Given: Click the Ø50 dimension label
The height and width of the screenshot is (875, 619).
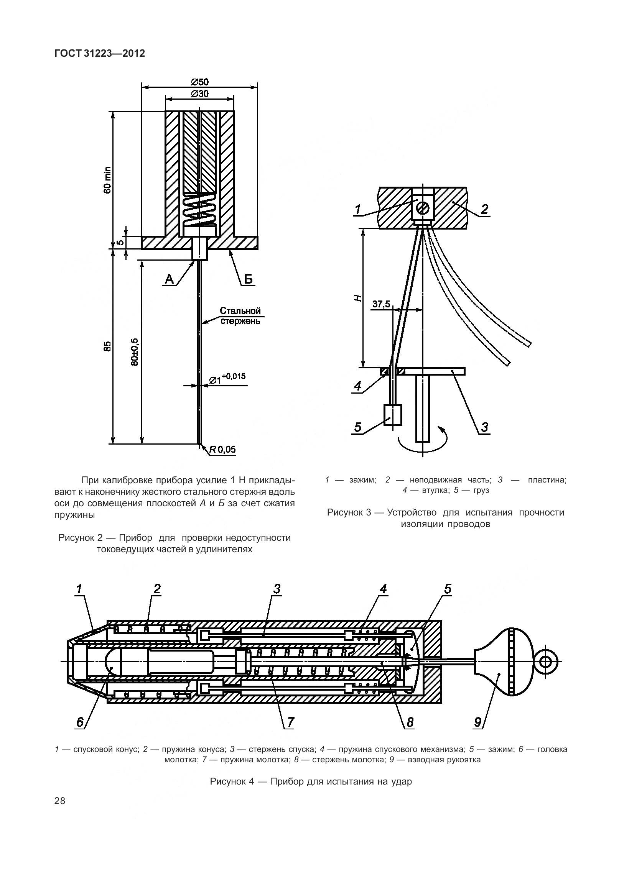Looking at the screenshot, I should coord(199,82).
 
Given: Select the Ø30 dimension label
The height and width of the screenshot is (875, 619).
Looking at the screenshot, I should coord(199,94).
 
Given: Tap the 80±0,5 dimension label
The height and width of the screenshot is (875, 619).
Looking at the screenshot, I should coord(134,351).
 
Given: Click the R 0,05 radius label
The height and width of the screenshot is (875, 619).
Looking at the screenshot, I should coord(222,450).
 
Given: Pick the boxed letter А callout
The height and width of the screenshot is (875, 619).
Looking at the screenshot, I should coord(169,280).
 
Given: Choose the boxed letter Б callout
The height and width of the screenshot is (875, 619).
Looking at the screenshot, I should coord(249,280).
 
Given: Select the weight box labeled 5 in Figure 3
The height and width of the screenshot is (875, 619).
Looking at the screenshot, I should coord(393,415).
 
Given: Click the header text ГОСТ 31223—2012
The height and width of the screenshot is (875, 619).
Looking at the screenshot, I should coord(100,53).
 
